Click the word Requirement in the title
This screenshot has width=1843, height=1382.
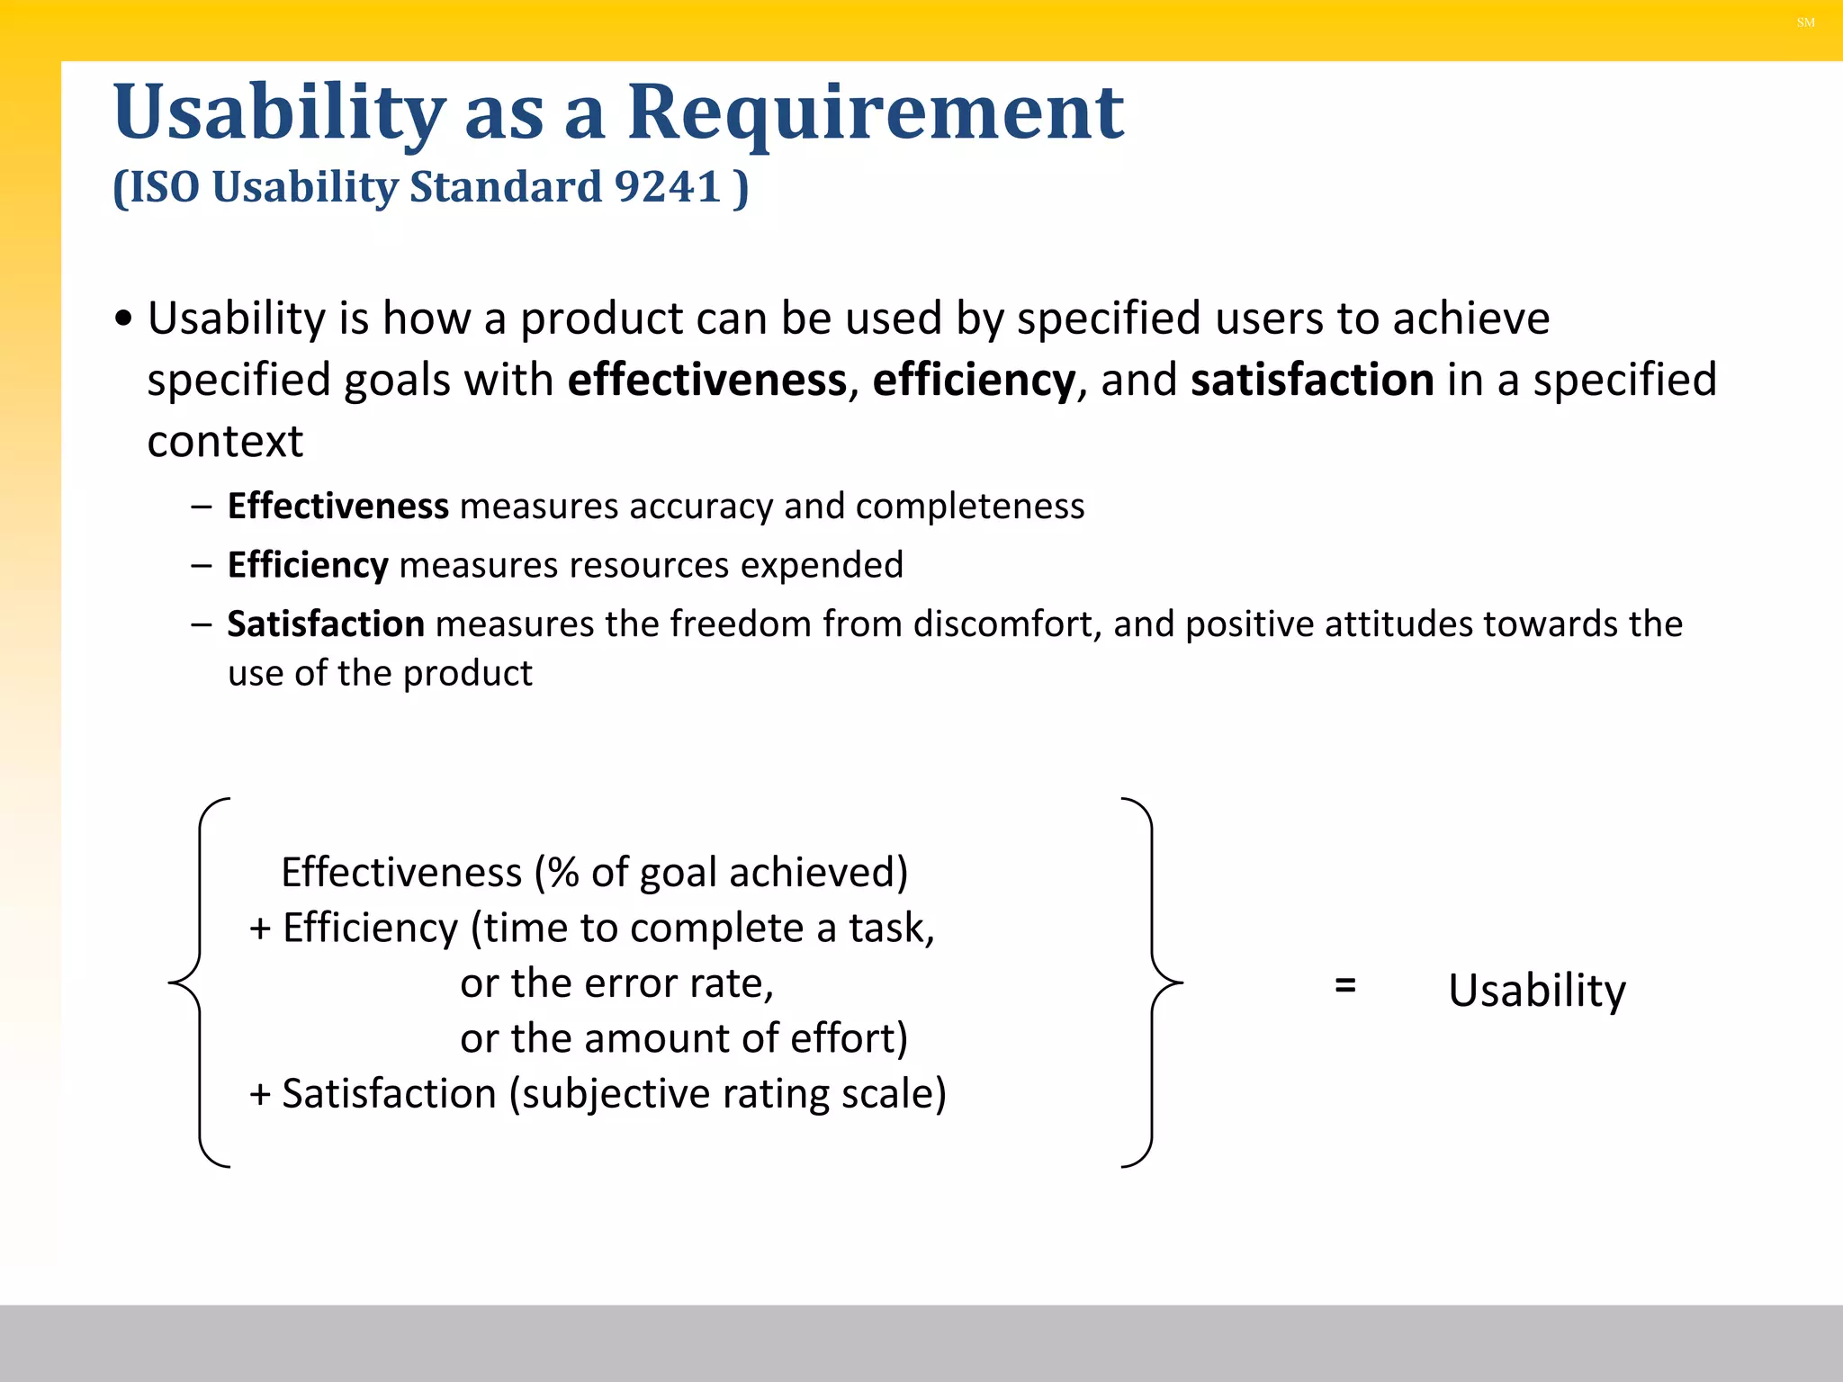(875, 112)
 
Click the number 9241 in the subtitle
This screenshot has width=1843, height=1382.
(668, 187)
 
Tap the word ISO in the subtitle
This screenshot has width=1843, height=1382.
(165, 187)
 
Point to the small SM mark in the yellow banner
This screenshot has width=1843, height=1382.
(1805, 22)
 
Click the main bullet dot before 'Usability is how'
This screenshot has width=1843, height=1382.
(124, 319)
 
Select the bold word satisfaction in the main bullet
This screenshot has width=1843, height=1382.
(1312, 380)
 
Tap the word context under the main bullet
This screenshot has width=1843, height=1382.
(225, 442)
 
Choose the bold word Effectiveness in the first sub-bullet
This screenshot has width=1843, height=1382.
(337, 507)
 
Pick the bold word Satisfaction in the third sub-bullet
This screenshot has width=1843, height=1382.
(326, 624)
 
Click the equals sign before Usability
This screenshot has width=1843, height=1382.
(1345, 985)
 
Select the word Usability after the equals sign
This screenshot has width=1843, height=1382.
(1537, 991)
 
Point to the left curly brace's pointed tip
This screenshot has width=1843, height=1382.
(171, 983)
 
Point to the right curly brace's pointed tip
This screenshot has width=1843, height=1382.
(1181, 983)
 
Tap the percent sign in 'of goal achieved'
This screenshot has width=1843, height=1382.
(563, 873)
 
